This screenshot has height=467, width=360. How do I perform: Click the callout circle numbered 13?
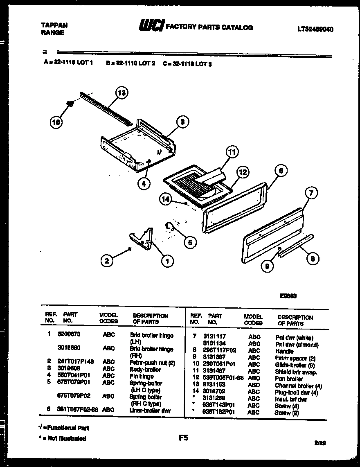(121, 93)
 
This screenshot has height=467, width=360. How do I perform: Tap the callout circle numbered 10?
(56, 122)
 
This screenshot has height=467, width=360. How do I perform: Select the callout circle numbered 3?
(182, 121)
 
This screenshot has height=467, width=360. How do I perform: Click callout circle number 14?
(165, 199)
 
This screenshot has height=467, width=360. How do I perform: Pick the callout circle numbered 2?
(107, 260)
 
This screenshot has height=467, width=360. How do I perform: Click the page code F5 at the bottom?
(183, 438)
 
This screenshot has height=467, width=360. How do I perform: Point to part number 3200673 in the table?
(69, 334)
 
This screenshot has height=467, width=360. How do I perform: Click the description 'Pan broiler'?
(289, 379)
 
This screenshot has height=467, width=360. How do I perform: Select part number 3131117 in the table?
(214, 336)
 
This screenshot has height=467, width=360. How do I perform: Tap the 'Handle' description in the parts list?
(284, 351)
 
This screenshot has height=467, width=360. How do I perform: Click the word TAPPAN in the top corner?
(54, 25)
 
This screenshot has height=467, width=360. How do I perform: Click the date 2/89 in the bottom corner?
(321, 443)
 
